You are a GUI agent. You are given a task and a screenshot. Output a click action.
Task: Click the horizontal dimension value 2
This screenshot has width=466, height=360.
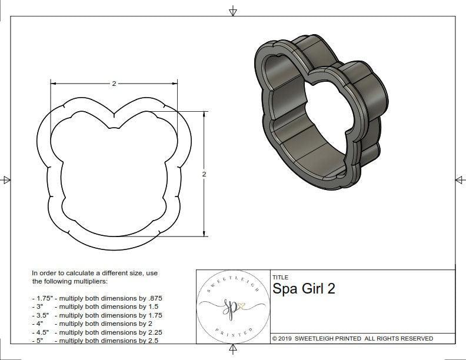tap(114, 84)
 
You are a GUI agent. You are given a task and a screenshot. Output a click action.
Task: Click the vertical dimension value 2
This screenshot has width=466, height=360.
tap(204, 174)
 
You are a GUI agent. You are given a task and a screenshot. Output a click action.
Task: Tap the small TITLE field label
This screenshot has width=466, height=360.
tap(280, 277)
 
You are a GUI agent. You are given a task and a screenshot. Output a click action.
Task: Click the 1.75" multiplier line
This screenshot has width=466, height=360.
tap(96, 298)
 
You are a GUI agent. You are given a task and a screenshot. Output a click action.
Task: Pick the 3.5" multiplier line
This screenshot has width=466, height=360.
tap(96, 315)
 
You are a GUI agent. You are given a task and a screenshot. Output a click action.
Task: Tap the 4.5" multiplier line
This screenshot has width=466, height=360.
tap(96, 331)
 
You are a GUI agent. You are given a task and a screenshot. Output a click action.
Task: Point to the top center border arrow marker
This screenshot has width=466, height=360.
tap(233, 11)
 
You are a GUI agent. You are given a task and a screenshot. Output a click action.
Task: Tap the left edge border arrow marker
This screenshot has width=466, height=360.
tap(6, 180)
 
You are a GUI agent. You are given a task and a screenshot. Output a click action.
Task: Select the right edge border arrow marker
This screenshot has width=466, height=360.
tap(460, 180)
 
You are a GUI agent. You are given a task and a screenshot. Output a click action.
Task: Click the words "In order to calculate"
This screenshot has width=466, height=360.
tap(65, 274)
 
